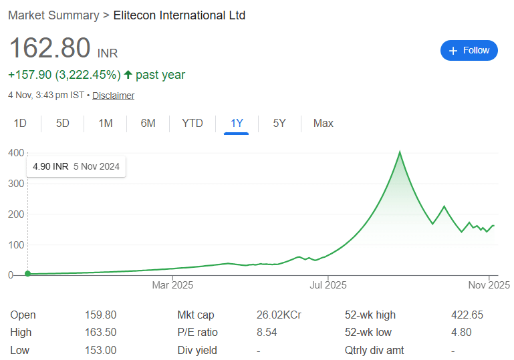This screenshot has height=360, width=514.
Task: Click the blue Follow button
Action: pos(469,51)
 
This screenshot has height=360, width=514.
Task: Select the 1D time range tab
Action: pos(20,123)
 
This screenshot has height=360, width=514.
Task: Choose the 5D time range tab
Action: pos(63,123)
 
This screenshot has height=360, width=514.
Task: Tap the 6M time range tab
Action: pos(148,123)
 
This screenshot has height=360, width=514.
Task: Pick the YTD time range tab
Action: pos(192,123)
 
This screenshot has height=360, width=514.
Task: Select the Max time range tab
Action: pos(324,123)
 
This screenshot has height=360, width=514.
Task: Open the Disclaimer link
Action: pos(113,96)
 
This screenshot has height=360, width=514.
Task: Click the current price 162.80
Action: pos(49,48)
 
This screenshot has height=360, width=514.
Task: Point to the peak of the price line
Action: pos(400,152)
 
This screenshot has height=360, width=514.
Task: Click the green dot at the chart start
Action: pos(27,274)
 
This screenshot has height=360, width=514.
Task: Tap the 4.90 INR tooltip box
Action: pos(76,166)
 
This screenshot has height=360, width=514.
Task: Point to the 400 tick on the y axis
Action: pos(15,153)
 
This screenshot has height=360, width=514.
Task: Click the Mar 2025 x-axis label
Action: pos(172,286)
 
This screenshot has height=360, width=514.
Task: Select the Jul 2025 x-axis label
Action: pos(328,286)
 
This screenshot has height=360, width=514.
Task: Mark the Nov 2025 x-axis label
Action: pos(489,286)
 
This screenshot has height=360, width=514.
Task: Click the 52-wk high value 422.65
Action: pos(467,315)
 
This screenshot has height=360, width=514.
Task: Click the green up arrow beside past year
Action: pos(128,75)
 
